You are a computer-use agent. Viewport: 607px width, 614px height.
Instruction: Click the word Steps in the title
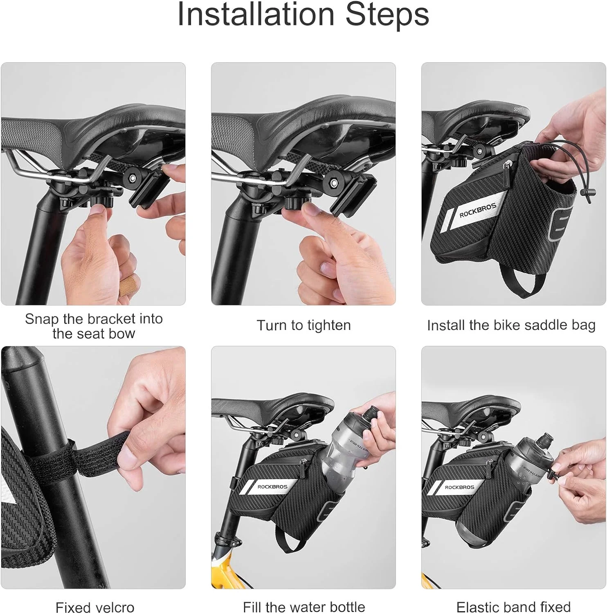387,15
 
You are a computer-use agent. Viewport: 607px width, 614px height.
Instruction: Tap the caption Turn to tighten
303,325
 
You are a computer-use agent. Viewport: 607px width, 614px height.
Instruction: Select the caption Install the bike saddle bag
511,325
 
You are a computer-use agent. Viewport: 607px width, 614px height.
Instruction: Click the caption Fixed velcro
95,607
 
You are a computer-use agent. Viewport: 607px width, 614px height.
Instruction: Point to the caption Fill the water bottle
303,607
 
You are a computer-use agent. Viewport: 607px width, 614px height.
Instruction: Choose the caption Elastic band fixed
513,607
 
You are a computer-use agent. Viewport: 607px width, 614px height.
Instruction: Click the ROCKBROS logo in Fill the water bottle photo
272,487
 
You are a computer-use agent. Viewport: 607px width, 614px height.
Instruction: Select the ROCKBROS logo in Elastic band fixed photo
459,487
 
